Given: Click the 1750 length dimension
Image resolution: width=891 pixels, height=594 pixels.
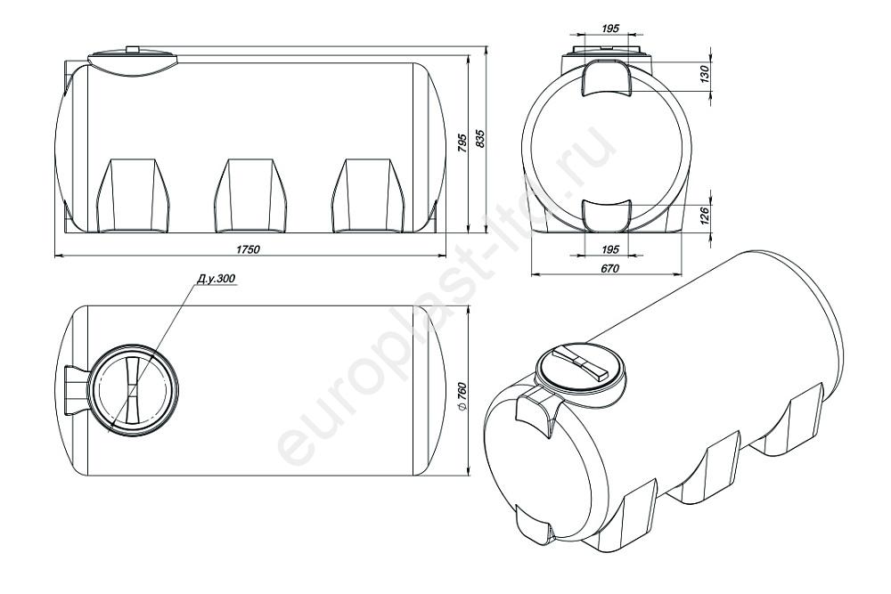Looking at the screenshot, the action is click(x=249, y=249).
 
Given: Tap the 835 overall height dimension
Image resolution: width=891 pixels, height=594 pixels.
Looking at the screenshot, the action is click(x=480, y=139).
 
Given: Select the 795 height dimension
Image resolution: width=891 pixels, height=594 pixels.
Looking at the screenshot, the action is click(x=462, y=143).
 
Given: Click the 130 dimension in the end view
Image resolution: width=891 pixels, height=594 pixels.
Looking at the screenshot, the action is click(x=704, y=75).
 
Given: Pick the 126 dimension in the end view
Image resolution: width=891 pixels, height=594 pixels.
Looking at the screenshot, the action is click(x=704, y=216).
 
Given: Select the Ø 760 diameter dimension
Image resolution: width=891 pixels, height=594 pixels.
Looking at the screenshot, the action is click(x=462, y=393).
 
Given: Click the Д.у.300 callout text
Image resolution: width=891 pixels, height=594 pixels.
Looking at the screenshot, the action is click(x=216, y=279).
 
